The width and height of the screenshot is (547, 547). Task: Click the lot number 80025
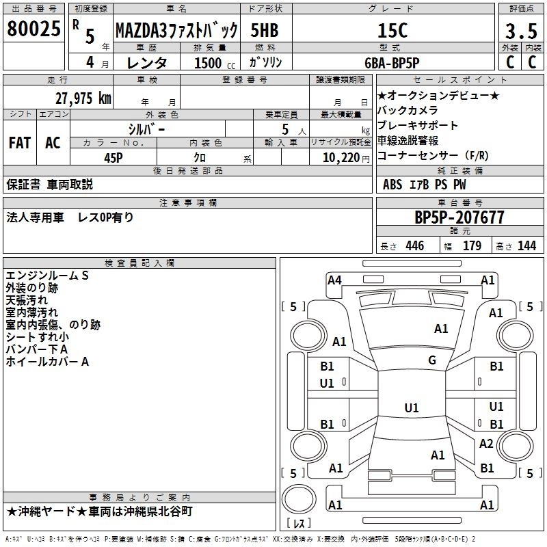point(34,29)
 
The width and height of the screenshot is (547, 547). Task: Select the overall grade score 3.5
point(521,31)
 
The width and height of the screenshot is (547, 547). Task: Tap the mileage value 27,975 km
point(83,98)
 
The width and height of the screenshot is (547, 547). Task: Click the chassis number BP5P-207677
point(459,217)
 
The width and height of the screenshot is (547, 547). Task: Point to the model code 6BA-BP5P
point(392,63)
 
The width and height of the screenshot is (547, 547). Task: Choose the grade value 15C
point(392,31)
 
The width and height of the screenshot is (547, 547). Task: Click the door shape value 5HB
point(265,30)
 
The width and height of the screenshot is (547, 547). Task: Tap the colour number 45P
point(114,158)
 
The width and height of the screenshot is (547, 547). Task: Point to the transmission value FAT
point(20,143)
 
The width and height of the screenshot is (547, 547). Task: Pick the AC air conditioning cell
point(53,143)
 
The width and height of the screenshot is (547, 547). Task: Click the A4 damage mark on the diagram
point(334,280)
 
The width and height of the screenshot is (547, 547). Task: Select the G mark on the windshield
point(432,360)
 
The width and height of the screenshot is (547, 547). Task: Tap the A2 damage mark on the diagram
point(486,443)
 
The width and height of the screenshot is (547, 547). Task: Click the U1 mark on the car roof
point(412,408)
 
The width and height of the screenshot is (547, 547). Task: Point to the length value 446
point(415,245)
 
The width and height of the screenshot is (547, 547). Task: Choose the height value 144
point(526,245)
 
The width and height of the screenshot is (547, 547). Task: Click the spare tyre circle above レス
point(299,499)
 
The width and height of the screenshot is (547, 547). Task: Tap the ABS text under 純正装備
point(392,185)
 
